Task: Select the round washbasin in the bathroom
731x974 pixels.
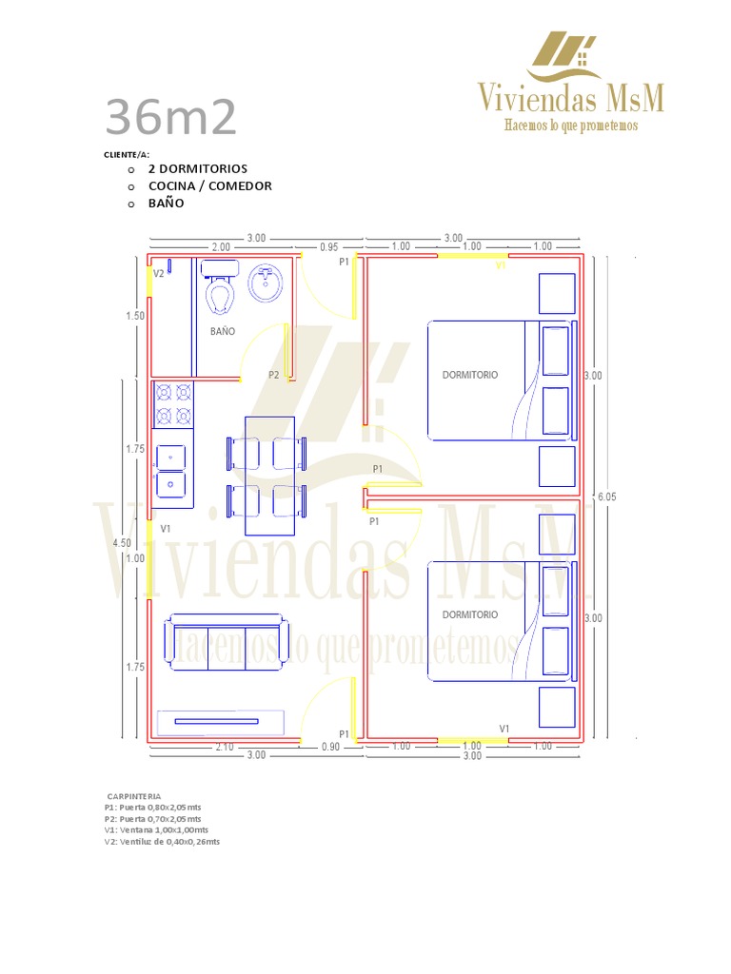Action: click(266, 282)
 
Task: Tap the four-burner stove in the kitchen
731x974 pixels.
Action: click(172, 403)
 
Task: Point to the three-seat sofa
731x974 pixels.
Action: click(227, 645)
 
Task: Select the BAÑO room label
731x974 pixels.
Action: click(223, 332)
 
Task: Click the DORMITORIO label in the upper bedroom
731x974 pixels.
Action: click(470, 375)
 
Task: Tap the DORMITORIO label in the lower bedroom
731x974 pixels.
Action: click(470, 614)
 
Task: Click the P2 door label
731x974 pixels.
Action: click(274, 375)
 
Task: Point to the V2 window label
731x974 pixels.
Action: click(159, 273)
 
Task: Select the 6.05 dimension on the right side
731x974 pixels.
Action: click(606, 496)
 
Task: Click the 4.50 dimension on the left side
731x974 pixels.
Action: click(122, 543)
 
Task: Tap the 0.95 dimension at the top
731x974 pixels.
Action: click(329, 246)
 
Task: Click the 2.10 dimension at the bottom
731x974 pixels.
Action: click(224, 747)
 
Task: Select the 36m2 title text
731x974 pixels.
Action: click(170, 118)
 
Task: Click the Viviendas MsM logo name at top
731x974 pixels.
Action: click(570, 97)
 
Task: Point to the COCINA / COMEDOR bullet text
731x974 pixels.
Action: click(209, 185)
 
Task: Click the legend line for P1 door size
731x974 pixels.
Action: click(152, 808)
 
